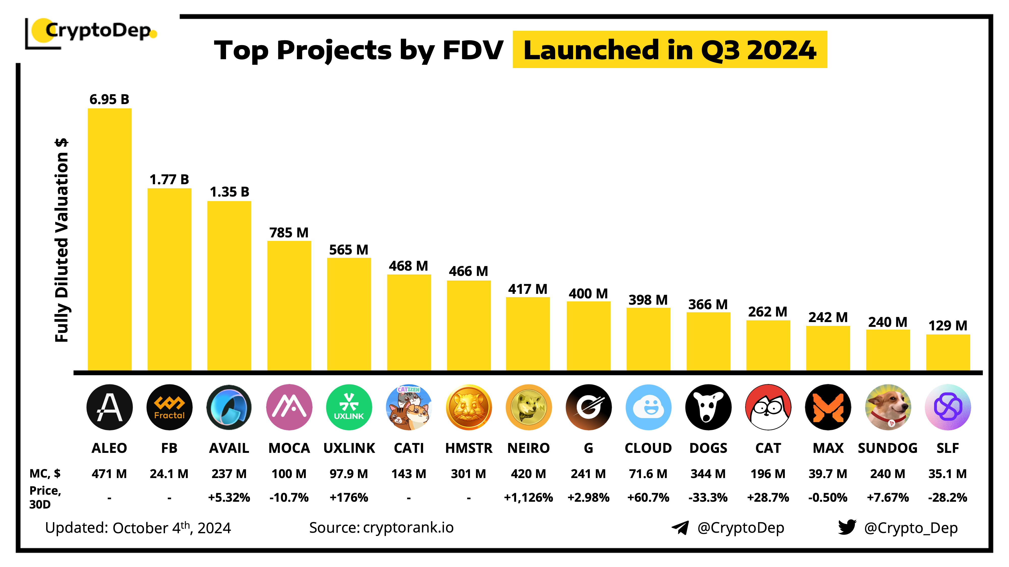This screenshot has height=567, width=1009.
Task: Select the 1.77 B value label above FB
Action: pyautogui.click(x=169, y=180)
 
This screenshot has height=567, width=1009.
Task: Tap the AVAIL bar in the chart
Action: pyautogui.click(x=229, y=286)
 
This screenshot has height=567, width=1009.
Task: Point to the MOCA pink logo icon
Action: pyautogui.click(x=289, y=407)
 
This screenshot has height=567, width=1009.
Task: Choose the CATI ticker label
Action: pyautogui.click(x=409, y=448)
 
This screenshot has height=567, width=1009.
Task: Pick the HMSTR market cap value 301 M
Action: pyautogui.click(x=468, y=474)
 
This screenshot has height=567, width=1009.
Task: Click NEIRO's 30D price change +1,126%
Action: pyautogui.click(x=528, y=497)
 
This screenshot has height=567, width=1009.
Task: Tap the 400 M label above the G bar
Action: pyautogui.click(x=588, y=294)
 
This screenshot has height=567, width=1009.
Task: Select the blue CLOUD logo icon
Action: pyautogui.click(x=648, y=407)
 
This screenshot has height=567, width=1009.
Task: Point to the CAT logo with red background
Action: pyautogui.click(x=768, y=407)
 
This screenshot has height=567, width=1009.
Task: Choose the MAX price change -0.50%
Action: pyautogui.click(x=828, y=497)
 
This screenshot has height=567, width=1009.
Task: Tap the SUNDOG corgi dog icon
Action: pyautogui.click(x=888, y=407)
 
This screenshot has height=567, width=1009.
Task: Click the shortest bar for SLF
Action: pyautogui.click(x=948, y=352)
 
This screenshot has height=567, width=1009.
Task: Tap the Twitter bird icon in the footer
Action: pyautogui.click(x=847, y=527)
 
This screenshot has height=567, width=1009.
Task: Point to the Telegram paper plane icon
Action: pyautogui.click(x=680, y=527)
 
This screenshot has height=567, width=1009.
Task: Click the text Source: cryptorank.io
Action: pyautogui.click(x=381, y=527)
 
